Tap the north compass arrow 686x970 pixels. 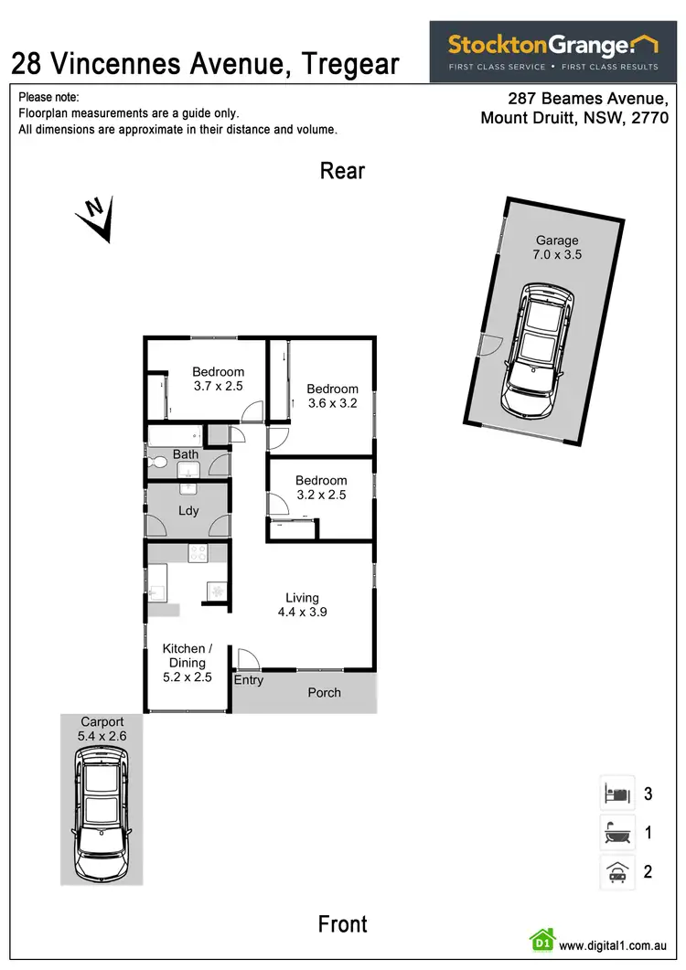97,218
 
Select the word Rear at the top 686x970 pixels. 342,171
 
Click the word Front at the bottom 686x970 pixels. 343,924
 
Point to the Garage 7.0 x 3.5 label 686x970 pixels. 557,248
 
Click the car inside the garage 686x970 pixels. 538,347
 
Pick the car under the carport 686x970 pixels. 101,808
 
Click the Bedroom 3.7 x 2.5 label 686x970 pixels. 218,378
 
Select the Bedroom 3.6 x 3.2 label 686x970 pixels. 332,396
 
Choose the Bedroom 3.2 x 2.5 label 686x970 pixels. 320,487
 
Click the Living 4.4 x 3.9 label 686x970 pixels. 302,605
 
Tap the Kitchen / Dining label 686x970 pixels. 187,663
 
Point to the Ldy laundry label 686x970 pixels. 188,511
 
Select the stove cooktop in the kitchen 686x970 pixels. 198,552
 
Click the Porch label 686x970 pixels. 324,692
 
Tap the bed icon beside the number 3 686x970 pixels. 616,794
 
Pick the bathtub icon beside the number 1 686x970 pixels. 616,833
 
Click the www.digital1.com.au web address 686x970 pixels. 611,945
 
